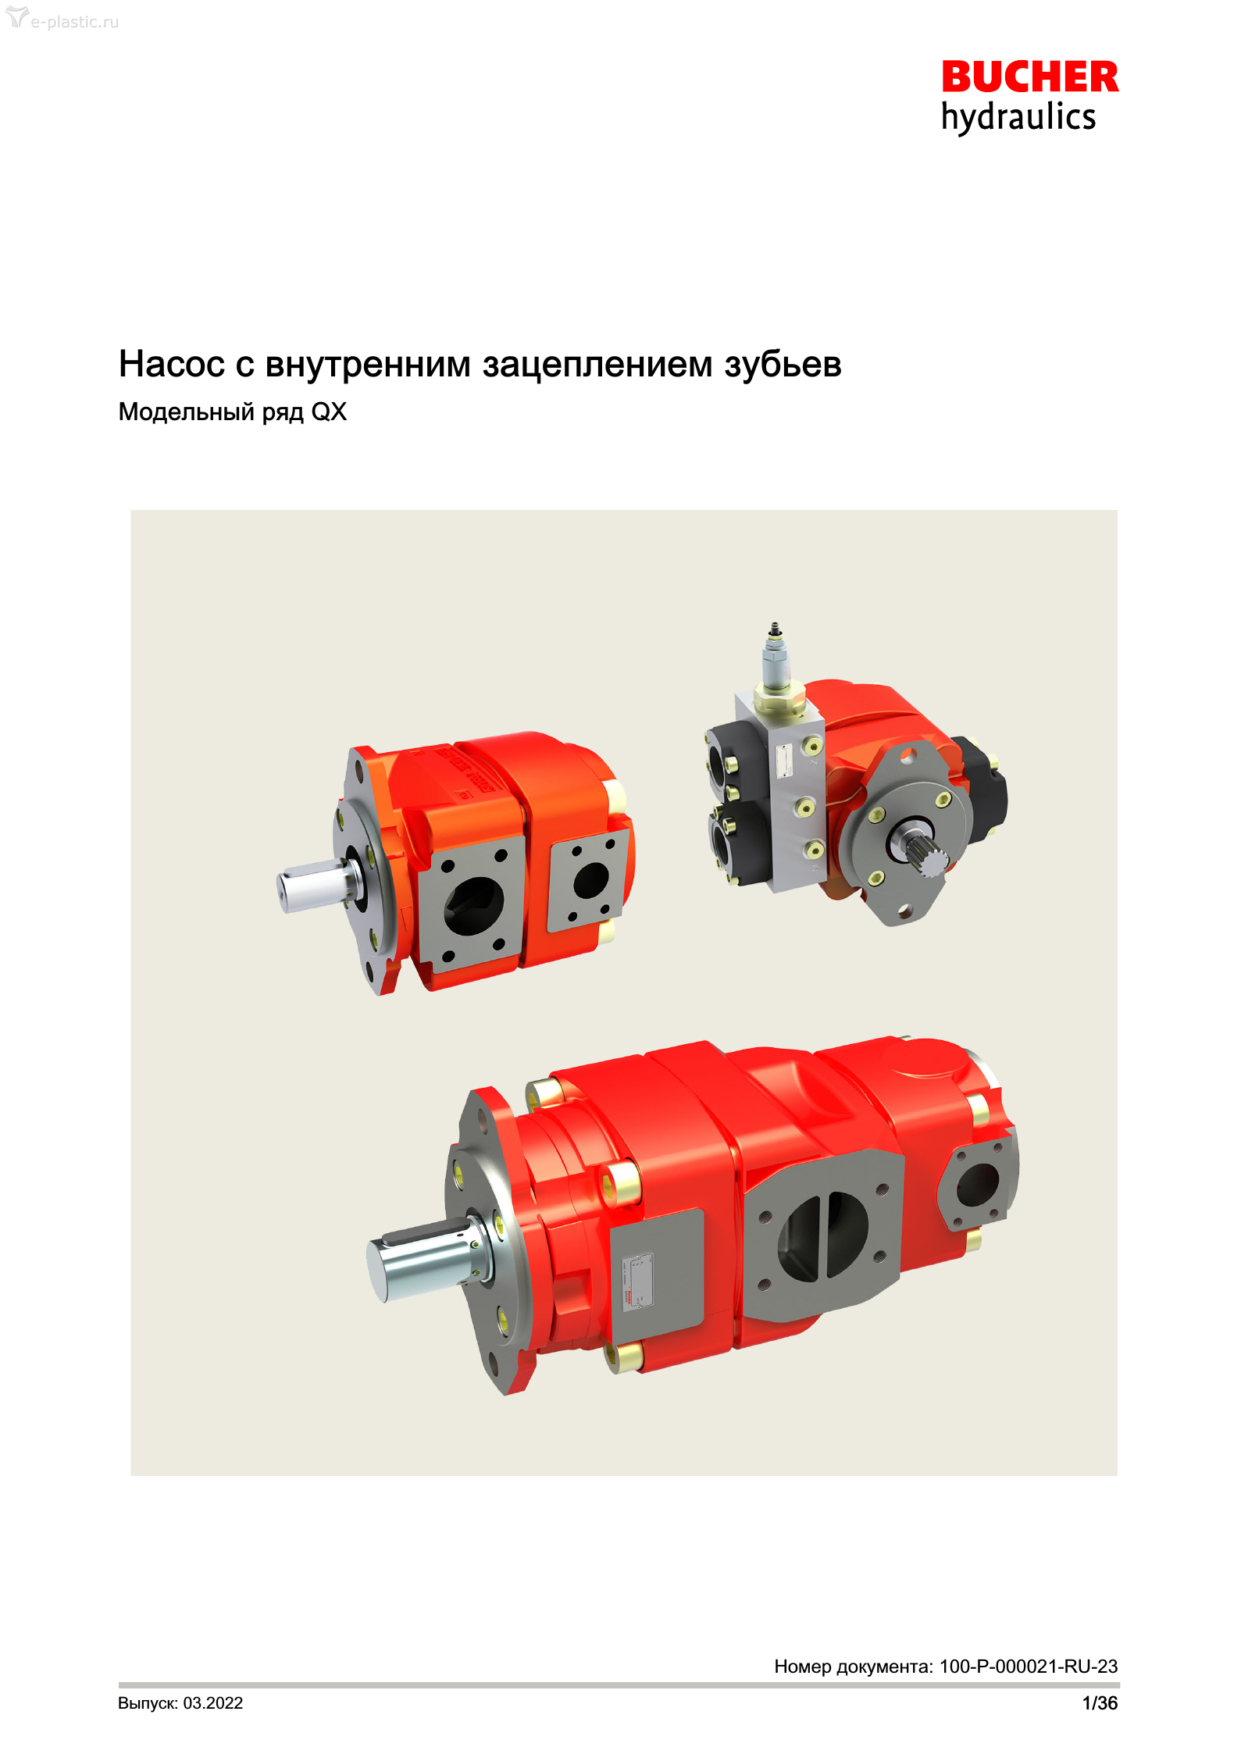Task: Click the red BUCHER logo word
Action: tap(1030, 77)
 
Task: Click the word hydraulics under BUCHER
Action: tap(1018, 117)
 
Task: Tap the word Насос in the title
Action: tap(171, 364)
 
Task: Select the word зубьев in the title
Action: tap(783, 365)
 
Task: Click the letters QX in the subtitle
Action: tap(329, 412)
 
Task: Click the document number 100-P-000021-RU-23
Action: tap(1028, 1667)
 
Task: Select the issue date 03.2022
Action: tap(213, 1703)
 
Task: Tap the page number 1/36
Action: tap(1100, 1703)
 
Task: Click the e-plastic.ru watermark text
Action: tap(75, 22)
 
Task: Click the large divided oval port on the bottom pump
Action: tap(822, 1236)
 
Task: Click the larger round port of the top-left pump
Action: tap(474, 906)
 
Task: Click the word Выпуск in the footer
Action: tap(148, 1704)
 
